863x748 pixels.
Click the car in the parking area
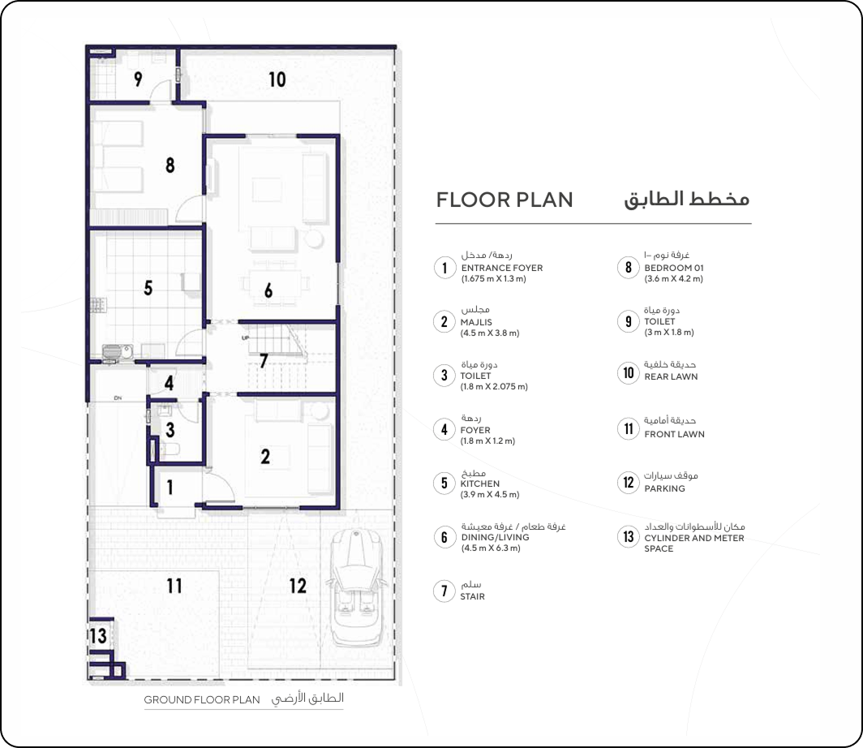[x=355, y=587]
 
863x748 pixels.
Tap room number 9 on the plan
[x=138, y=80]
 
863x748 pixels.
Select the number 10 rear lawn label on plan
[x=277, y=80]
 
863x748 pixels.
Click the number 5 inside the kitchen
[x=148, y=288]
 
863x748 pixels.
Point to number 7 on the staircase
[x=264, y=360]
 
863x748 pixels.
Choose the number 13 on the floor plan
[x=98, y=636]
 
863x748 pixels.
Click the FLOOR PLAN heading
[x=504, y=200]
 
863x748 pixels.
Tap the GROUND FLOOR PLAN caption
[x=202, y=699]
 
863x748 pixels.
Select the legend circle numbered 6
[x=444, y=537]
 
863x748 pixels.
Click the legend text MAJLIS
[x=476, y=322]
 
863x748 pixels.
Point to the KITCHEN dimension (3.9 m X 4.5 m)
[x=490, y=494]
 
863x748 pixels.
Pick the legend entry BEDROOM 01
[x=674, y=268]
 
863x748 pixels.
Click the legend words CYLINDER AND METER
[x=694, y=538]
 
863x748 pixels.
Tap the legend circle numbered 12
[x=628, y=483]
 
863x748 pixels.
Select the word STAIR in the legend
[x=472, y=596]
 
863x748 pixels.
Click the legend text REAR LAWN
[x=671, y=376]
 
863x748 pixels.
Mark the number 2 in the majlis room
[x=265, y=456]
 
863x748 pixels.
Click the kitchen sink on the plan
[x=117, y=351]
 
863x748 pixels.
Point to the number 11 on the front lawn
[x=174, y=586]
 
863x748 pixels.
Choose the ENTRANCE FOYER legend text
[x=502, y=268]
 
